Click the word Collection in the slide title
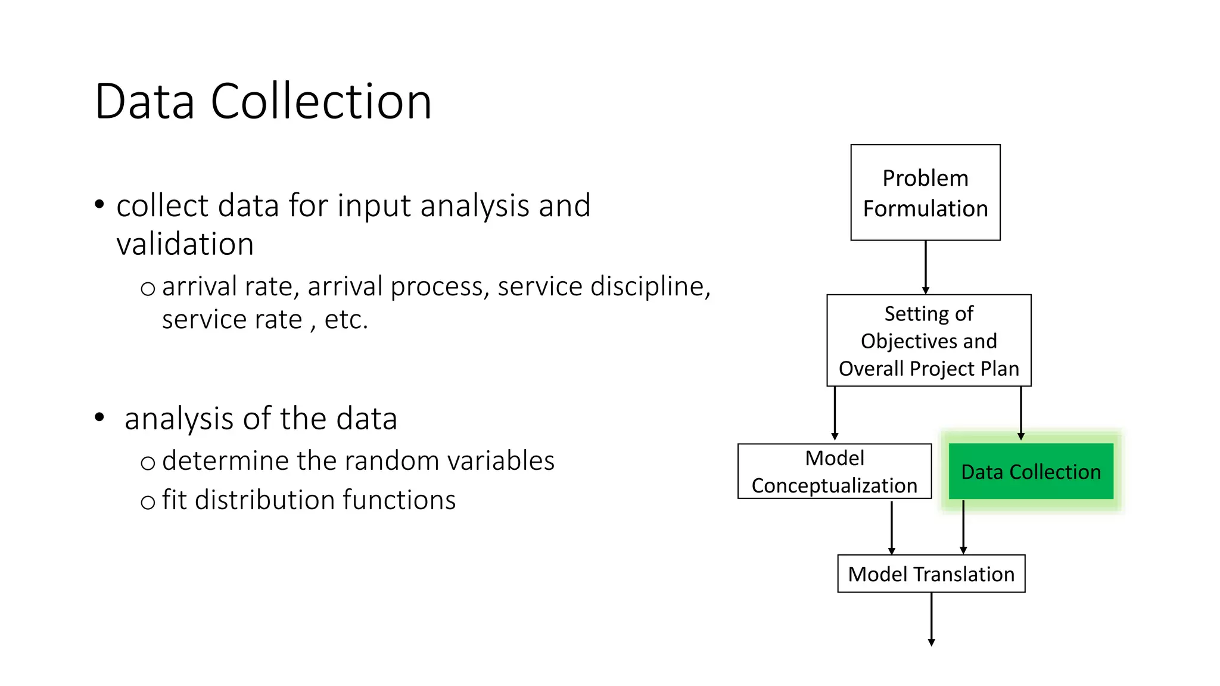(321, 102)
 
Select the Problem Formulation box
(925, 192)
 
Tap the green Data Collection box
(1030, 471)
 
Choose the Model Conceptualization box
(834, 471)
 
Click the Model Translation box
(930, 573)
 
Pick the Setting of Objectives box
(928, 341)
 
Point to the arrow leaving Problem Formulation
(925, 267)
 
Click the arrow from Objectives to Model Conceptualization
(835, 413)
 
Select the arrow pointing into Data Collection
(1020, 413)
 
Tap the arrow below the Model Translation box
(931, 619)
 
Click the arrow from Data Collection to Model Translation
(963, 526)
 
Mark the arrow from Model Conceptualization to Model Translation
(891, 526)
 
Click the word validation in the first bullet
(185, 244)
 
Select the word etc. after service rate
(346, 320)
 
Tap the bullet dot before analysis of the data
(99, 417)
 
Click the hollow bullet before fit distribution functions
(148, 502)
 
